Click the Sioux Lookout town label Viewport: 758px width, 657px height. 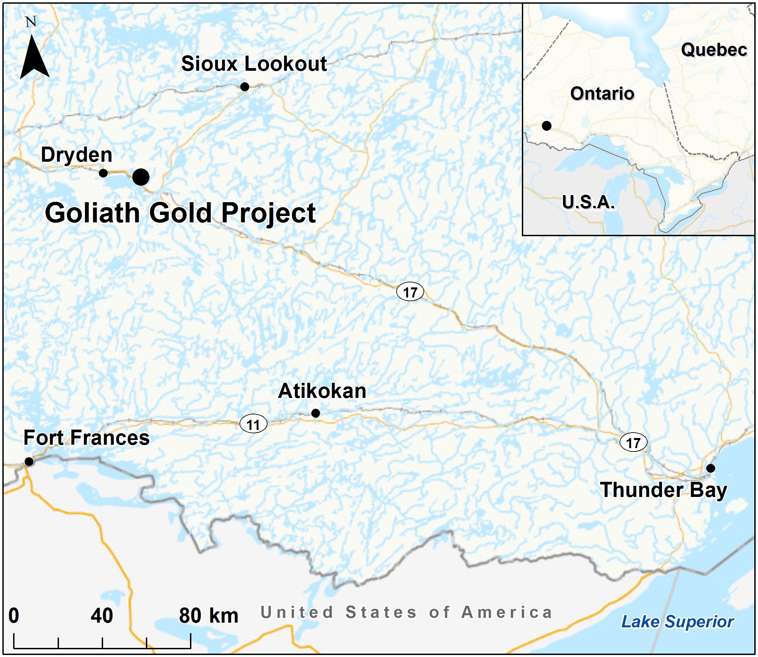point(254,64)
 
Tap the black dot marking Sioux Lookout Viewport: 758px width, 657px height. point(245,87)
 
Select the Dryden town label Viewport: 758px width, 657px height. point(76,155)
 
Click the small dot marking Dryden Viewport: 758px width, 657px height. point(103,173)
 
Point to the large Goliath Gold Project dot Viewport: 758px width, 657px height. point(141,177)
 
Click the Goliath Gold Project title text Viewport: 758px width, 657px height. point(180,213)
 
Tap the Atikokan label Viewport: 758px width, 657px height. point(322,391)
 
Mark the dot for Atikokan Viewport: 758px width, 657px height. point(315,413)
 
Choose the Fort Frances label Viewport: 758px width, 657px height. point(87,438)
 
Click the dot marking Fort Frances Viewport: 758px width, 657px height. point(29,461)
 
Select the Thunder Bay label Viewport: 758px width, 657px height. point(663,490)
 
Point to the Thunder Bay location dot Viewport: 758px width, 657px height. point(710,468)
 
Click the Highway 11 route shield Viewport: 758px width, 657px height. point(253,424)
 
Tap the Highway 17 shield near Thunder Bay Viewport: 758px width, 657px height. point(633,442)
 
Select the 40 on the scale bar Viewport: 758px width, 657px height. point(102,616)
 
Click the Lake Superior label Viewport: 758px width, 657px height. point(677,622)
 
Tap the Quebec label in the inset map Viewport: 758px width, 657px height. point(714,50)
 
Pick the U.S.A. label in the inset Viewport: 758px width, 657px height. point(588,202)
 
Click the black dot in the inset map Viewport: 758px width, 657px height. point(546,126)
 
